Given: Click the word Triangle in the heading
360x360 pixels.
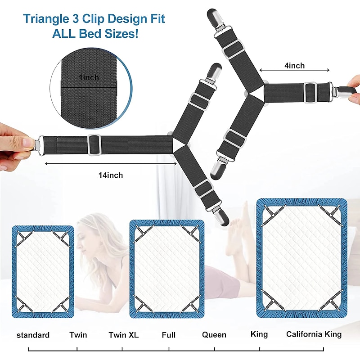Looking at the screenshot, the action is tap(46, 19).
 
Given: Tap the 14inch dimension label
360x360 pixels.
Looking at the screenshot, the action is tap(111, 175).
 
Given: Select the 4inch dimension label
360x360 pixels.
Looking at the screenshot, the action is tap(295, 66).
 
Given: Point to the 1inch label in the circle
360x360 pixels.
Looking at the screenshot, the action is tap(89, 77).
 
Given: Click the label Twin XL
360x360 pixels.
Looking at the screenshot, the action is tap(123, 335).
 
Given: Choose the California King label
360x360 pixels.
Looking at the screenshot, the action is tap(314, 334).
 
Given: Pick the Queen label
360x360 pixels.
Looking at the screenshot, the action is tap(214, 335).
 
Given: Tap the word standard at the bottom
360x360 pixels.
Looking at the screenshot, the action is tap(33, 335).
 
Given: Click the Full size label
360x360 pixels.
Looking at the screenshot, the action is tap(168, 335).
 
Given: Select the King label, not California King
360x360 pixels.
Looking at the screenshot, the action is tap(259, 334).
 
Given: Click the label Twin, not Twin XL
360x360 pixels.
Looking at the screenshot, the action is tap(78, 335).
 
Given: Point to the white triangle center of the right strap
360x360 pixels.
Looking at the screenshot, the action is tap(255, 91).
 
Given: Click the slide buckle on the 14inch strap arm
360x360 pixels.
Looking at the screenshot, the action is tap(94, 145).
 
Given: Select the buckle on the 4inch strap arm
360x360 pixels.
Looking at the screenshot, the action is tap(311, 93).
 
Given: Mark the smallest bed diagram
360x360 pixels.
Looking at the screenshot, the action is tap(43, 272).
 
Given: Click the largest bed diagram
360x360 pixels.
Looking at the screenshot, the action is tap(301, 258).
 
